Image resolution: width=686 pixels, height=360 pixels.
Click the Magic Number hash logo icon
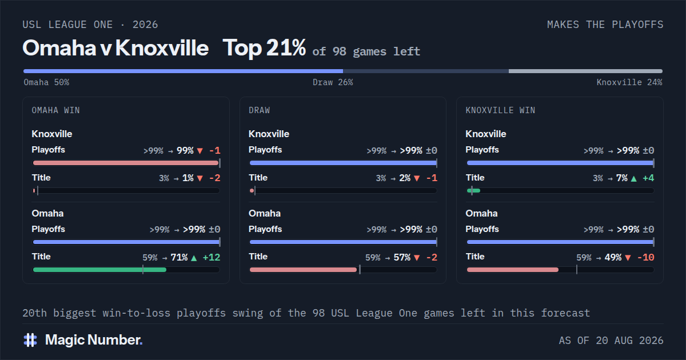(x=30, y=340)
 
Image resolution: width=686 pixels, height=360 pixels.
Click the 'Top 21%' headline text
(x=264, y=48)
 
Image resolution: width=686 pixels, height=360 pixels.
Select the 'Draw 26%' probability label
(x=333, y=82)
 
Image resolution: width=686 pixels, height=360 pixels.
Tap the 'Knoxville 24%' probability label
(x=629, y=82)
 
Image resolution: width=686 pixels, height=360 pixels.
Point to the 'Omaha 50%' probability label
(x=46, y=82)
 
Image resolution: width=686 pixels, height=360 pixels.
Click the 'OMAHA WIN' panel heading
(x=56, y=110)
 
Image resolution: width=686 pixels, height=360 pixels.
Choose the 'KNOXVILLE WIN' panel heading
(x=500, y=110)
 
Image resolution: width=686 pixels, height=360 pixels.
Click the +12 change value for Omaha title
(x=212, y=258)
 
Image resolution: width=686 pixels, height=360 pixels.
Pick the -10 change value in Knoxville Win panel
(x=645, y=258)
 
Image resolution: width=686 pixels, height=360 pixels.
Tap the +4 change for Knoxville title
(x=648, y=178)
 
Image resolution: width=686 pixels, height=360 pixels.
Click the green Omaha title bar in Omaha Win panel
(x=99, y=270)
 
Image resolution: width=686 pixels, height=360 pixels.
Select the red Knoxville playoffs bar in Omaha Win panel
(x=126, y=163)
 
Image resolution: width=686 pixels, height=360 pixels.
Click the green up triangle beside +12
(x=194, y=258)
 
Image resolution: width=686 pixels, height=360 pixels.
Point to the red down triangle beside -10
(x=628, y=258)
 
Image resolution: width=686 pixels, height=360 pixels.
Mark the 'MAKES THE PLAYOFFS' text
(x=605, y=25)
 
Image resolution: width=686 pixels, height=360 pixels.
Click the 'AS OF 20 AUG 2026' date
(x=611, y=341)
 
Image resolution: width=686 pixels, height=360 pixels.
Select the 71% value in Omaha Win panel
(x=179, y=258)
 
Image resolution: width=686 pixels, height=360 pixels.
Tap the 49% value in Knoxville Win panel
(x=613, y=258)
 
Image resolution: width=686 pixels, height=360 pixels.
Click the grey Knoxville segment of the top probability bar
(x=585, y=71)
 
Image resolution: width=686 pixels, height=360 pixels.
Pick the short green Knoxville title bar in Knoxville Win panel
(x=473, y=190)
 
